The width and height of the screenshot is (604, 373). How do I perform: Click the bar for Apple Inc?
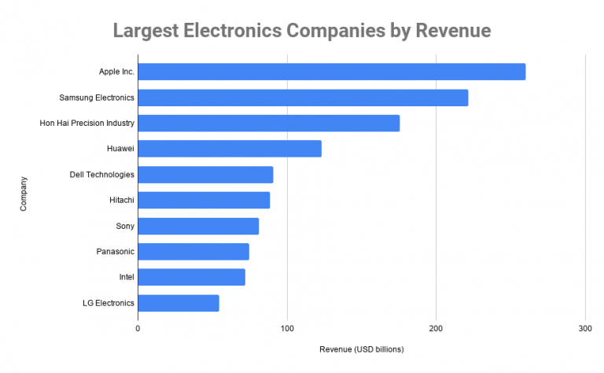(331, 72)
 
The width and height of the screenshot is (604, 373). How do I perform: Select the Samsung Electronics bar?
(303, 98)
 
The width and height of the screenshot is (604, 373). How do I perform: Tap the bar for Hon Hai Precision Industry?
(268, 123)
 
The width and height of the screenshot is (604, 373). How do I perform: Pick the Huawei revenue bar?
(230, 149)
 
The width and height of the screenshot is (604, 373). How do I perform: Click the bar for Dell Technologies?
(205, 175)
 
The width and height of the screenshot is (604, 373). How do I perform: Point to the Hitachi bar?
(204, 200)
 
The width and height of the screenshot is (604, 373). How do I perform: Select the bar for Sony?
(198, 226)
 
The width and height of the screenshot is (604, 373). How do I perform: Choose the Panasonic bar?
(193, 252)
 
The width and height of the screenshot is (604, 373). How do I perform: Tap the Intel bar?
(191, 277)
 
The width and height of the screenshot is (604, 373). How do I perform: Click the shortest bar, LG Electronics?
(179, 303)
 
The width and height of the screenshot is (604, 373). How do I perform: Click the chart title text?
(302, 31)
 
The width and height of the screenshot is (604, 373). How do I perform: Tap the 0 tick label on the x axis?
(138, 327)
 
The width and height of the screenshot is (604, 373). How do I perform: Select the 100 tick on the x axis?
(287, 327)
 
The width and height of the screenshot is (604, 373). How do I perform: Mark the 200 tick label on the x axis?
(436, 327)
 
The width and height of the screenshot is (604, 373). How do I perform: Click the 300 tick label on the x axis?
(584, 327)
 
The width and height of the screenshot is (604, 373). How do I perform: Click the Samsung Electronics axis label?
(97, 98)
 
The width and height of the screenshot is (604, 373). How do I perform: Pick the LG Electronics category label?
(108, 303)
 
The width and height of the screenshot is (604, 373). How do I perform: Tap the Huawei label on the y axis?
(120, 149)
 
